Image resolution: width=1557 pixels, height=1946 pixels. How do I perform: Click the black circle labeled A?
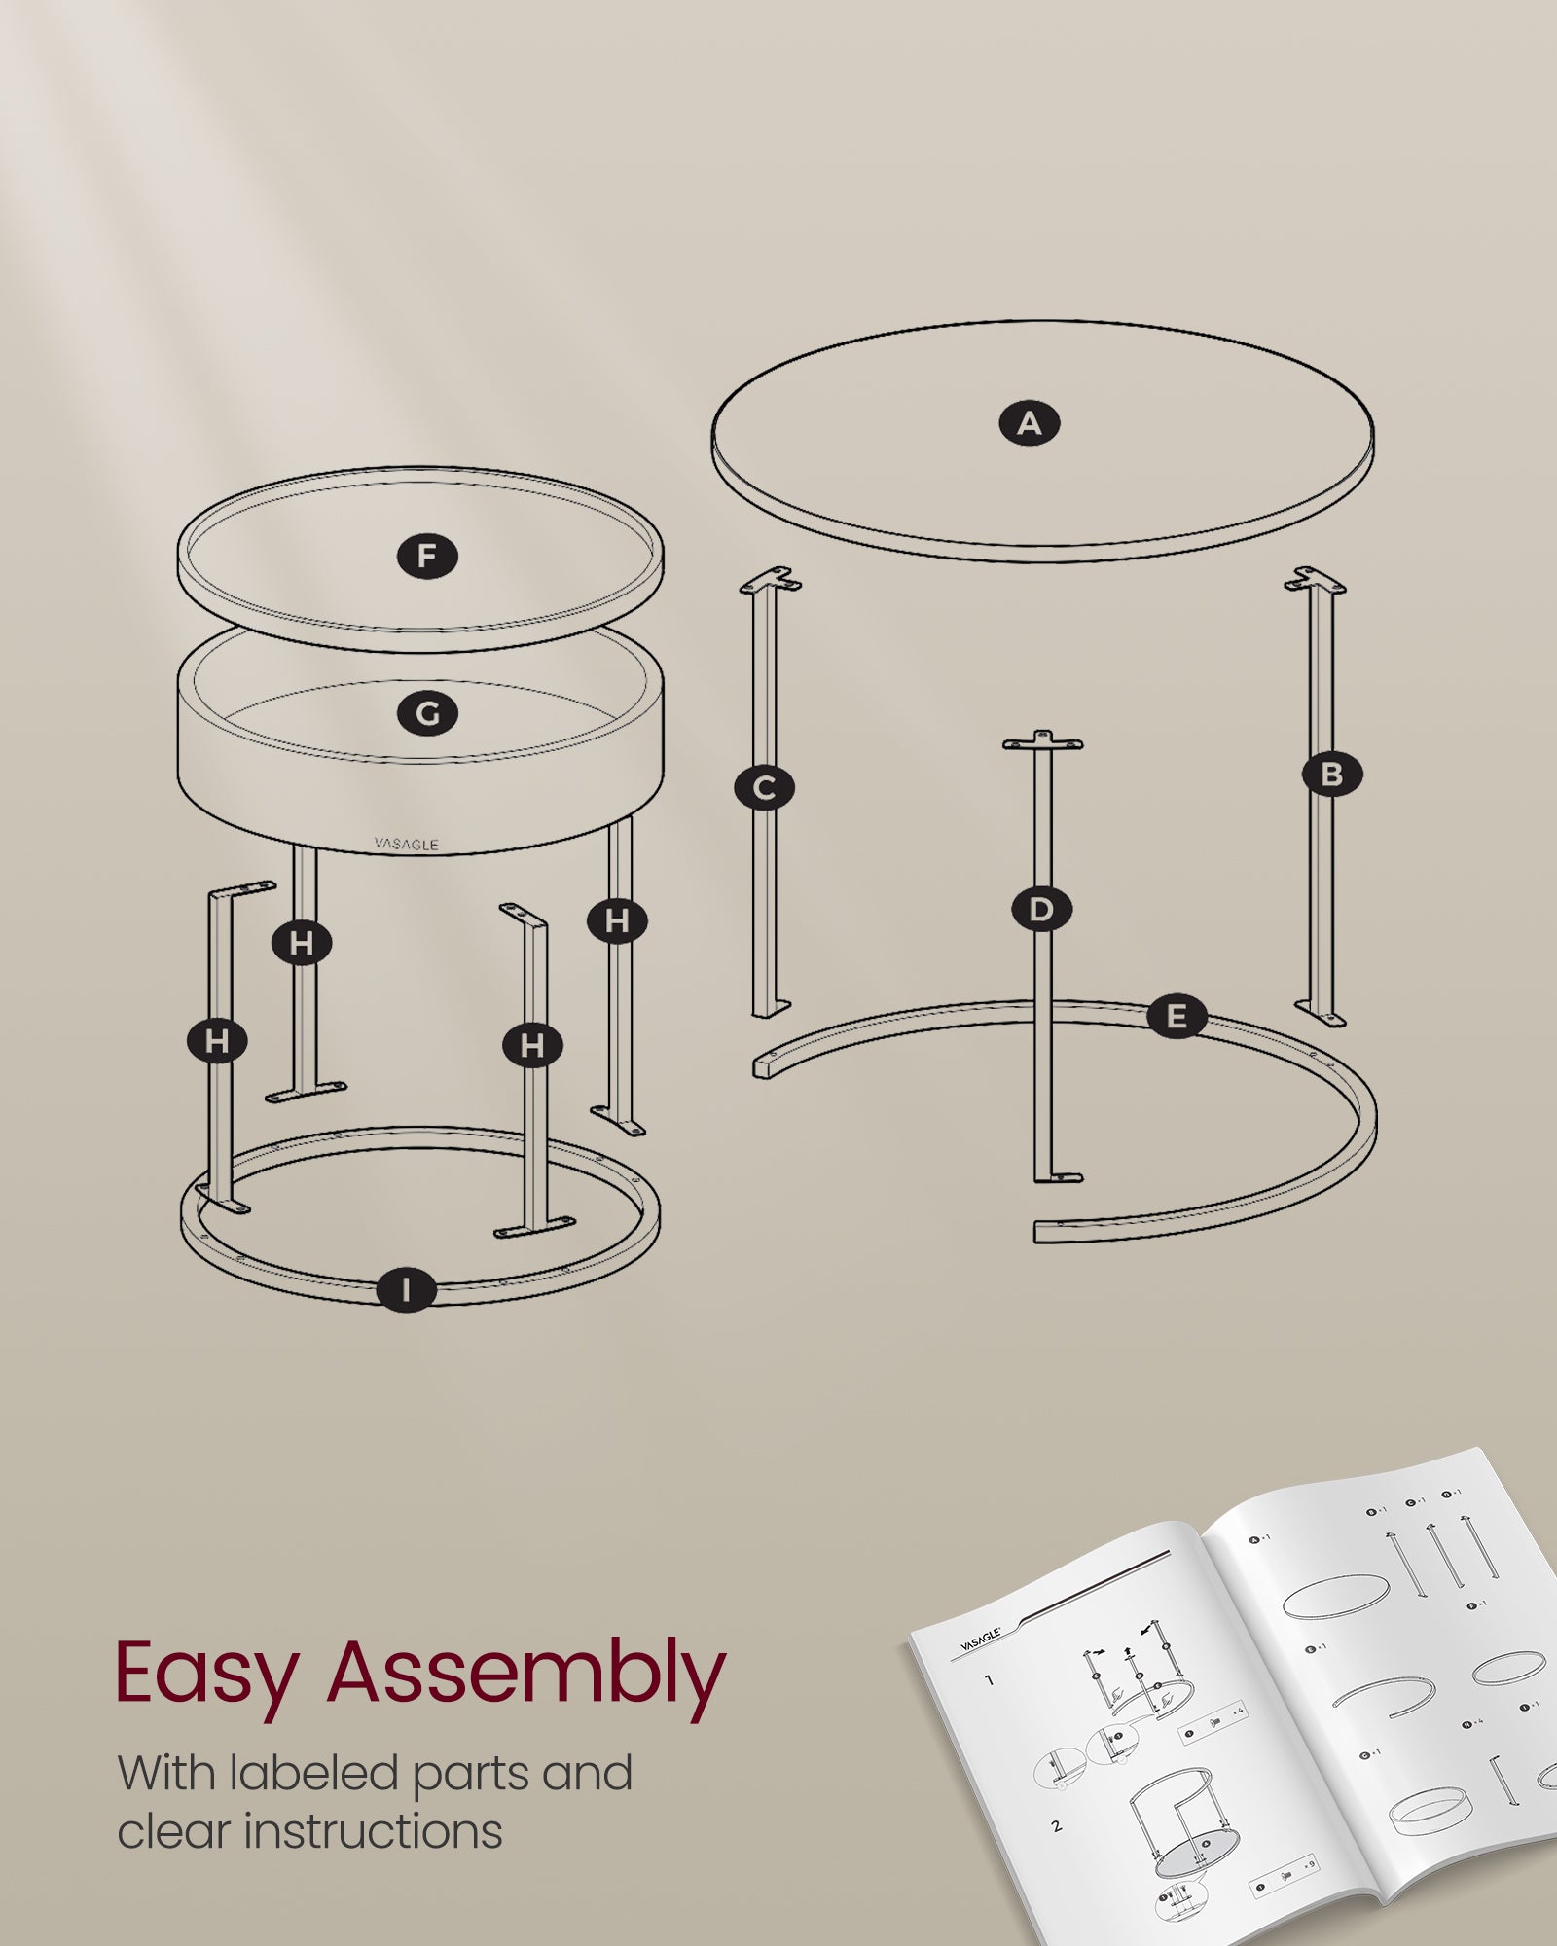click(1030, 424)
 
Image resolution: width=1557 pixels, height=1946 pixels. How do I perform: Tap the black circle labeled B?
click(1332, 775)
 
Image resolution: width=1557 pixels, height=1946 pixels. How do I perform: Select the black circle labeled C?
click(765, 788)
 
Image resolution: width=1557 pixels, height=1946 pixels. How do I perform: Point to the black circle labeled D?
click(1041, 910)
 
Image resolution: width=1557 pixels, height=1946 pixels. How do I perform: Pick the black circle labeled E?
click(1177, 1018)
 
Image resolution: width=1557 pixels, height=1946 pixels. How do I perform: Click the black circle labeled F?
click(427, 557)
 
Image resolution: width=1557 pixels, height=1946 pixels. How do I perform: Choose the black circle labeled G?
click(427, 714)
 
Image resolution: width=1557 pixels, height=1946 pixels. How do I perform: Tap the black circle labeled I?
click(406, 1290)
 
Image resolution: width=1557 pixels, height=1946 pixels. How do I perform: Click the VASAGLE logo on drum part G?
click(406, 845)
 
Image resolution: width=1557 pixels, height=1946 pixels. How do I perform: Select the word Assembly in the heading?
click(526, 1676)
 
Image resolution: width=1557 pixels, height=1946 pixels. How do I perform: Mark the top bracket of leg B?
click(1315, 581)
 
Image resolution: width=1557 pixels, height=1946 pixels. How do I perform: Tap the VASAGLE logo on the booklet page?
click(980, 1640)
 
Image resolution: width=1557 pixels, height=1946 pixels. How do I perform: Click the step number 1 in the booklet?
click(990, 1680)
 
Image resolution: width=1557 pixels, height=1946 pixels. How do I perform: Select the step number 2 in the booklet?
click(1057, 1826)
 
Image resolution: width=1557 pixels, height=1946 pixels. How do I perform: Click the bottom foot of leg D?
click(1058, 1177)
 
